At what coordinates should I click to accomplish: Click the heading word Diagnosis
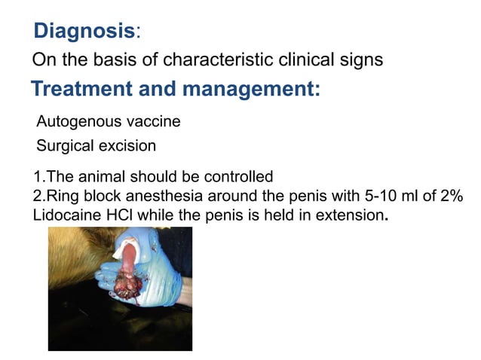pyautogui.click(x=84, y=32)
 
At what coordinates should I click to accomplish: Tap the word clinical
pyautogui.click(x=307, y=59)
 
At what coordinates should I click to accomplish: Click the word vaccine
pyautogui.click(x=152, y=121)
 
